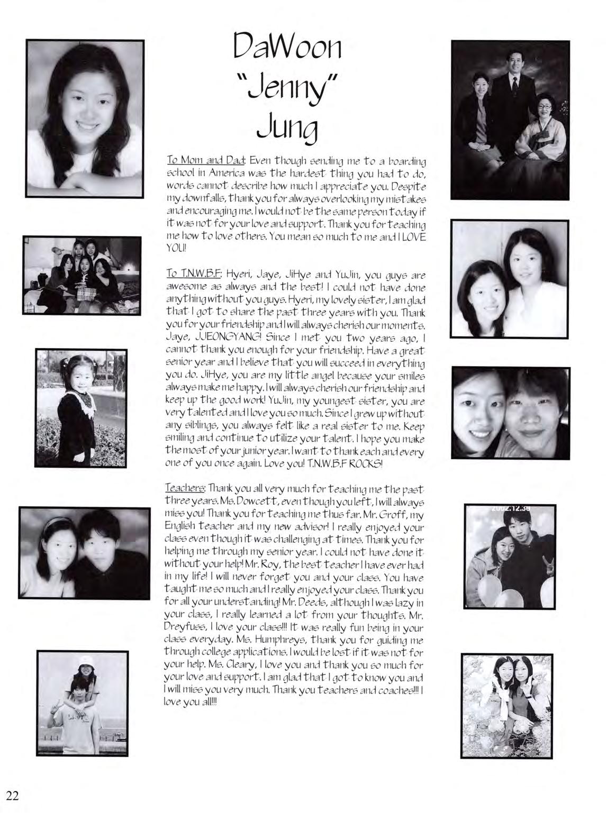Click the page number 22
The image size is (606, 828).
[13, 795]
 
